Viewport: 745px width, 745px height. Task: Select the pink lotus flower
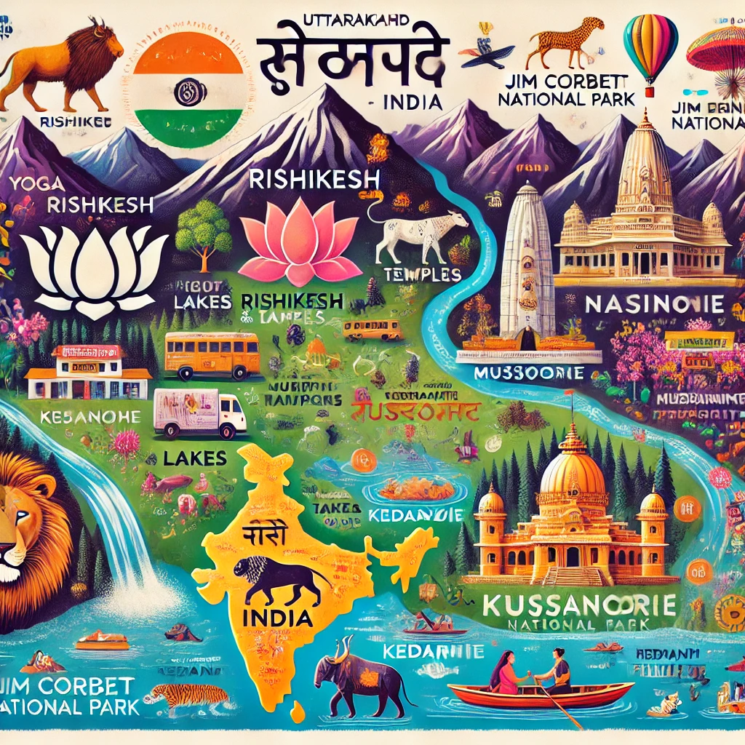(300, 240)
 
